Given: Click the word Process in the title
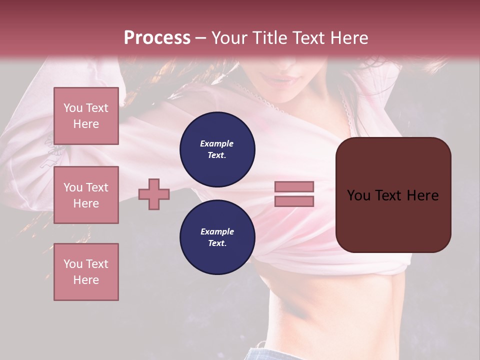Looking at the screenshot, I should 157,38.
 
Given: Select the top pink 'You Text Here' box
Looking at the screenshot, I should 86,116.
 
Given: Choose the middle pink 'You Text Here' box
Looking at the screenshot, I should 86,195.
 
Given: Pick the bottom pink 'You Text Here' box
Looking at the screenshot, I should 86,272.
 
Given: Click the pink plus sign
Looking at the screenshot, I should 154,194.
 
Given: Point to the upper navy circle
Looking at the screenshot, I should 217,149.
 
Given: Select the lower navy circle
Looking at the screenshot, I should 217,237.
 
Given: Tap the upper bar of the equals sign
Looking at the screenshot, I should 294,187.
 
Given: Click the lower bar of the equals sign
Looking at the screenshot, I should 294,201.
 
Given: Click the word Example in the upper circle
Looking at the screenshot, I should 217,143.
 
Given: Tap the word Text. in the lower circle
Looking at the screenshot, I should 217,243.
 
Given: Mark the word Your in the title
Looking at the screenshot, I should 228,38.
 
